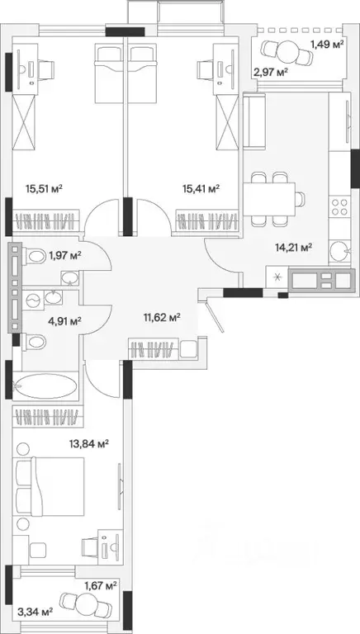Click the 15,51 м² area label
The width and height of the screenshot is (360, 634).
click(x=44, y=188)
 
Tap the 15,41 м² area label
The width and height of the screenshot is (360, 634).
click(x=201, y=188)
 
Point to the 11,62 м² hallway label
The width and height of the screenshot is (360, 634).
click(x=162, y=317)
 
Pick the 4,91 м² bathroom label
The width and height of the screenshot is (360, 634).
click(x=64, y=321)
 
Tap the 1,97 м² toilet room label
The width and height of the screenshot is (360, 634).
click(x=65, y=255)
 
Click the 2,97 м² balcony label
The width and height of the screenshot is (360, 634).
click(x=271, y=73)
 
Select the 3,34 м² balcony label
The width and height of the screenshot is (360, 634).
click(x=36, y=612)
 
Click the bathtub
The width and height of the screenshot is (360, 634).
click(x=45, y=386)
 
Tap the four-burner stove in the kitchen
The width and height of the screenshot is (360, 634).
click(x=339, y=207)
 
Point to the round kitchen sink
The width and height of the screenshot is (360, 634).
click(x=339, y=252)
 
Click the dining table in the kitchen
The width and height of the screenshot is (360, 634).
click(x=269, y=198)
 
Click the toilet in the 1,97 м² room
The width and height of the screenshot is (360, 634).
click(x=35, y=257)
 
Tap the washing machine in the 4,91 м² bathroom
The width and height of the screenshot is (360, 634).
click(x=32, y=300)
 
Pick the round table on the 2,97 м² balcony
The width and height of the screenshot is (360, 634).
click(x=287, y=51)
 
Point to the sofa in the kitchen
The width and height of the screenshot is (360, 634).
click(x=254, y=121)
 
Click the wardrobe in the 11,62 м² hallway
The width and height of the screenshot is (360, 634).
click(x=163, y=349)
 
